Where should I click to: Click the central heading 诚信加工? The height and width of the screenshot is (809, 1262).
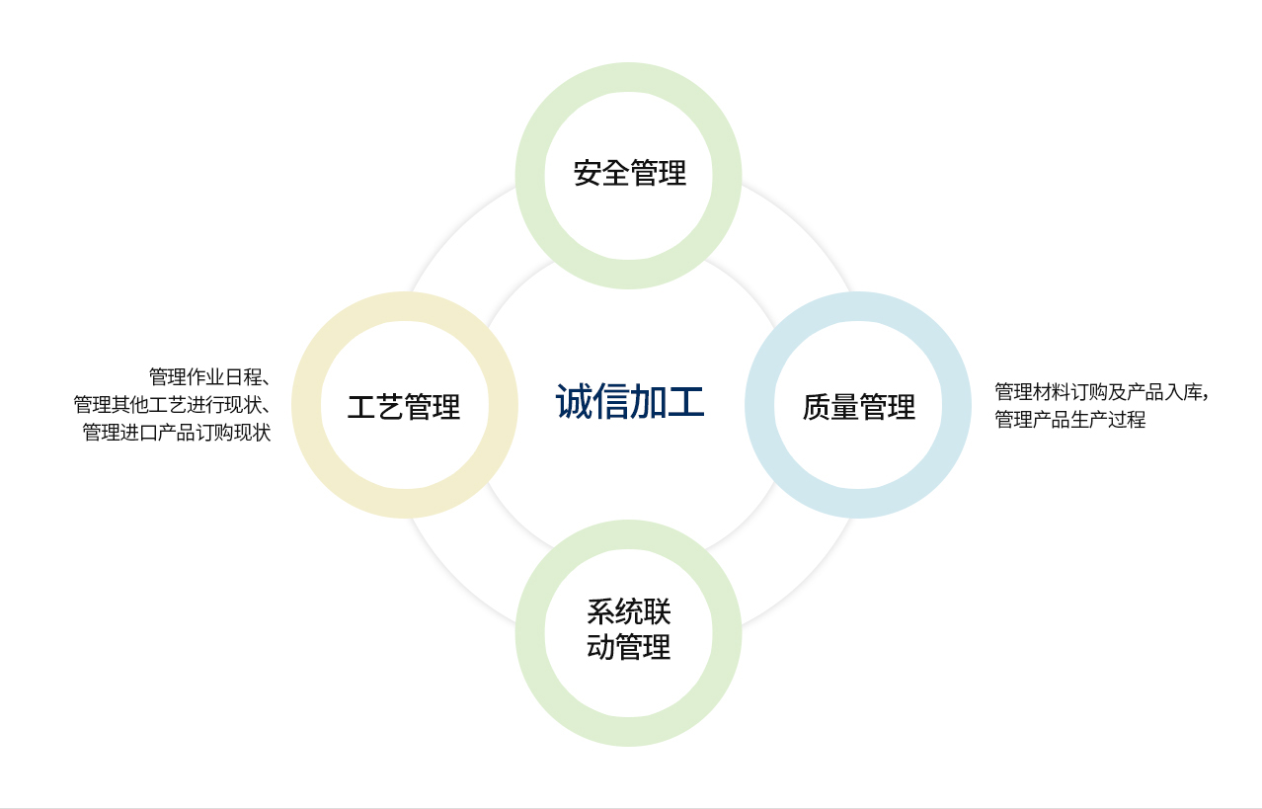point(630,401)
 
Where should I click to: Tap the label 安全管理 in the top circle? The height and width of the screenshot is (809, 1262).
point(630,173)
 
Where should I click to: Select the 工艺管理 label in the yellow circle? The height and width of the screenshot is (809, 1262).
point(404,406)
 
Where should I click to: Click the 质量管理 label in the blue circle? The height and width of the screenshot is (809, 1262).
point(858,406)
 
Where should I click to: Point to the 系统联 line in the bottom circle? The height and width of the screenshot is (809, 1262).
point(629,611)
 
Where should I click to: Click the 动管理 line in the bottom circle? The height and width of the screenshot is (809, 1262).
point(629,646)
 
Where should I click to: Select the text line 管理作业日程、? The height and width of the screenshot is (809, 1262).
point(209,376)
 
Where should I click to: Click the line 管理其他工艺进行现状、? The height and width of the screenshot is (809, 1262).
point(172,404)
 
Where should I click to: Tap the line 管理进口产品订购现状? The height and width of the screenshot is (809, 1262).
point(177,433)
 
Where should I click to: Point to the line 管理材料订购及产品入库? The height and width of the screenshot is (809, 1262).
point(1101,392)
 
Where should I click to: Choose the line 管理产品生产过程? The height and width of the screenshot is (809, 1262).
point(1069,420)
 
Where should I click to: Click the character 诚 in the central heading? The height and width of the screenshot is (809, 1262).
point(574,401)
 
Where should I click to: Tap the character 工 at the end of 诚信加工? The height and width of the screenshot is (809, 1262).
point(686,401)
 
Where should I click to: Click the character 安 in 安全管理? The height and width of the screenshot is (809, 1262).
point(587,173)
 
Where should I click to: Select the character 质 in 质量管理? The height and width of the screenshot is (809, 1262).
point(816,406)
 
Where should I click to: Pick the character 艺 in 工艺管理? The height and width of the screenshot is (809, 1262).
point(390,406)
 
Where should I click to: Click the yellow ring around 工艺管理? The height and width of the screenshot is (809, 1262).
point(306,405)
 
